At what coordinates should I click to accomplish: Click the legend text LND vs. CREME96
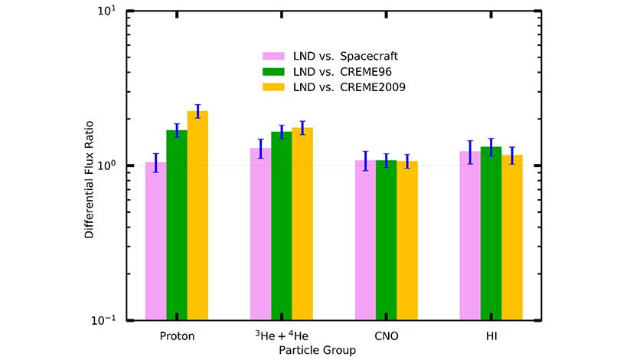[344, 71]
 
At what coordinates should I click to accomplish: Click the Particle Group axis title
[317, 350]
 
